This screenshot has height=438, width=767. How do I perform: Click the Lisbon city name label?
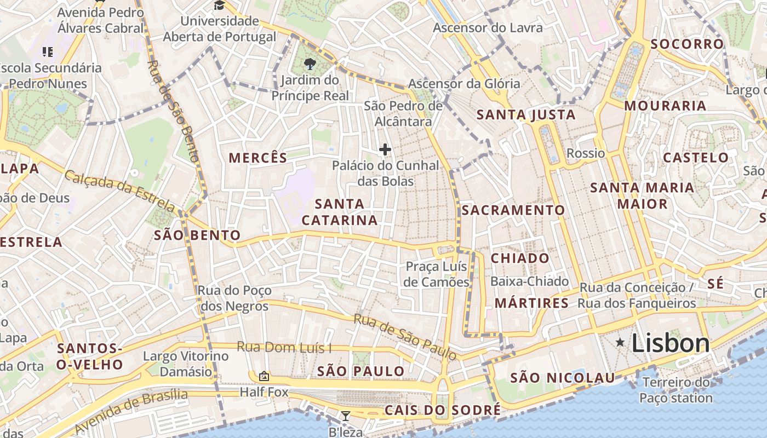(x=671, y=344)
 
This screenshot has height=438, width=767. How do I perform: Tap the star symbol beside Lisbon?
(x=620, y=343)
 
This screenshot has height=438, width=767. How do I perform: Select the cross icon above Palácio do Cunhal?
(x=385, y=149)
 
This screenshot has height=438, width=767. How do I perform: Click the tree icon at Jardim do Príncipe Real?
(x=310, y=64)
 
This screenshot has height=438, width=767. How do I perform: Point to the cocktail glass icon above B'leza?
(x=345, y=416)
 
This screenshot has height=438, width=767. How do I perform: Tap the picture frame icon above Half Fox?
(x=264, y=376)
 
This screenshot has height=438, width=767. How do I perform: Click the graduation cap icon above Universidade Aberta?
(x=220, y=5)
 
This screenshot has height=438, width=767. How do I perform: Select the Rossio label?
(x=586, y=153)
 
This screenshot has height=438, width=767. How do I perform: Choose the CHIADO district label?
(x=520, y=258)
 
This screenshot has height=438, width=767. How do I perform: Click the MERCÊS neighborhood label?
(x=258, y=158)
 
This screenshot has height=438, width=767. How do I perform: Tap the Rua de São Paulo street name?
(x=405, y=337)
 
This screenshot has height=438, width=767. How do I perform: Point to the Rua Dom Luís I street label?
(x=284, y=347)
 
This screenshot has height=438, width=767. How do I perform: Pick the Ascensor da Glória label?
(x=464, y=84)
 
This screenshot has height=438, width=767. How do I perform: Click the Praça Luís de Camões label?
(x=437, y=274)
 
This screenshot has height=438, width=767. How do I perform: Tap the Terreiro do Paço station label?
(x=676, y=390)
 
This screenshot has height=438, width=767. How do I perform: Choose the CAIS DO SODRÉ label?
(x=443, y=410)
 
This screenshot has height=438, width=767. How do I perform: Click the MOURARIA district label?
(x=665, y=106)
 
